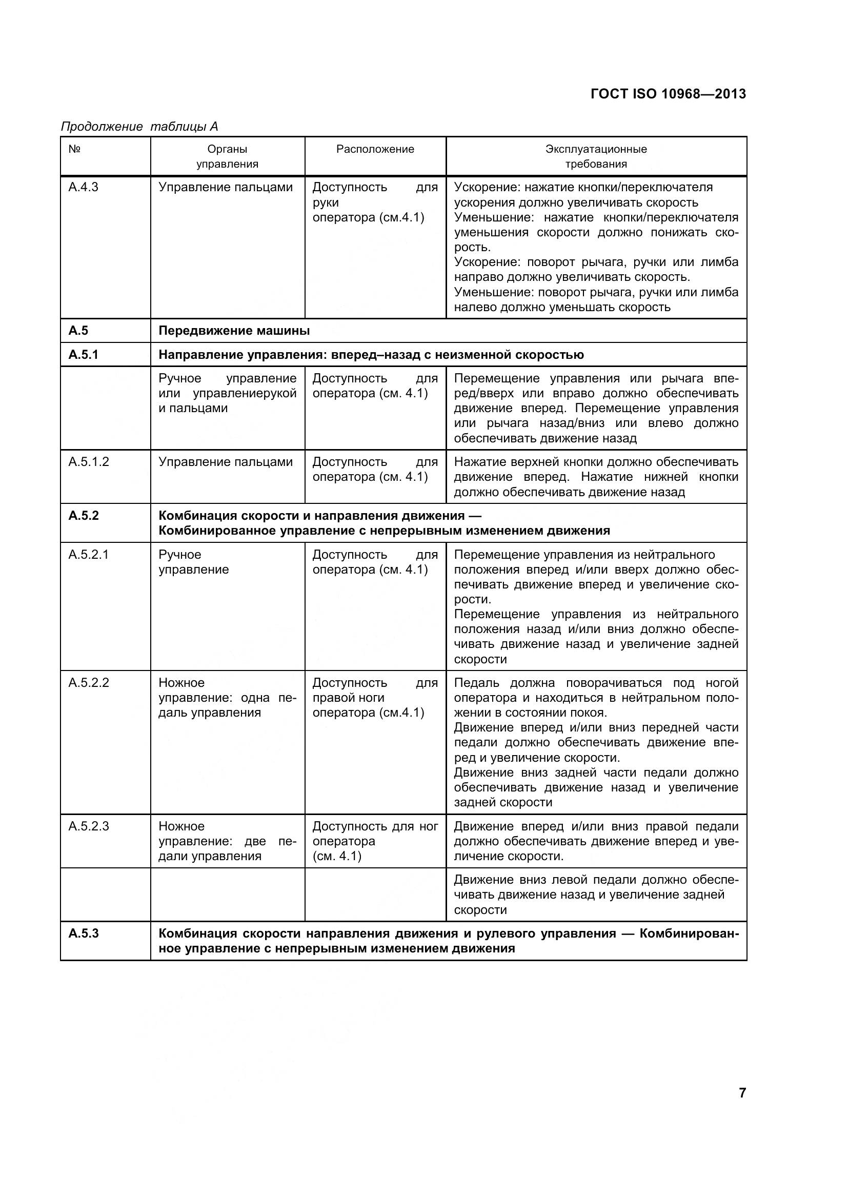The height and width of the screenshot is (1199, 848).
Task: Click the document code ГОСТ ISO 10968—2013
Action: [x=668, y=94]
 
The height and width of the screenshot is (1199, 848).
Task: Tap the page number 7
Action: [x=742, y=1092]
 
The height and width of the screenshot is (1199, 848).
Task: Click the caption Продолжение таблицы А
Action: [x=139, y=127]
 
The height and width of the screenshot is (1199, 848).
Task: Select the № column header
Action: [x=74, y=149]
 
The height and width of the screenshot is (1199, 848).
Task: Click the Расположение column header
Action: [x=375, y=149]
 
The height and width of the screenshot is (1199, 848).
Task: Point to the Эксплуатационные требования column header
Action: [x=596, y=156]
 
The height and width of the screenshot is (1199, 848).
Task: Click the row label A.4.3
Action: [x=83, y=187]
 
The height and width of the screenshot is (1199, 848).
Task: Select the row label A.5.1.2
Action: [x=89, y=462]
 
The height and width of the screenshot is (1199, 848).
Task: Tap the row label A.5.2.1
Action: [x=89, y=554]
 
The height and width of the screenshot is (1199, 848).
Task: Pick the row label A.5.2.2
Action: [x=89, y=682]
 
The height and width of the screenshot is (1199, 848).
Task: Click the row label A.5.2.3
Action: [x=89, y=826]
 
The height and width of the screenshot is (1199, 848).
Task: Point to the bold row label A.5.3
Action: [x=84, y=933]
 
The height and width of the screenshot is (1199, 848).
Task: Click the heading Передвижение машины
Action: [x=234, y=331]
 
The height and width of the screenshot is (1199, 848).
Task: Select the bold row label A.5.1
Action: [x=84, y=355]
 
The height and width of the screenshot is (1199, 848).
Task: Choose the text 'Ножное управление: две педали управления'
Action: [x=227, y=841]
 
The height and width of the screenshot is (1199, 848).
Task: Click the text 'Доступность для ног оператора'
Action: [x=374, y=834]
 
